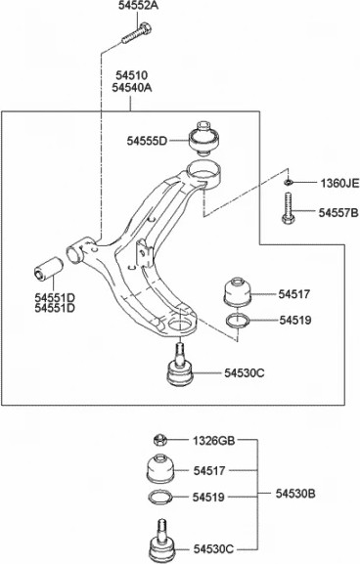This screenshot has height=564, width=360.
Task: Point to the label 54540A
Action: (x=132, y=88)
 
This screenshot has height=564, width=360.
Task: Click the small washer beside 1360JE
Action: (x=289, y=182)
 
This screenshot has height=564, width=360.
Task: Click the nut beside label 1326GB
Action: (x=161, y=441)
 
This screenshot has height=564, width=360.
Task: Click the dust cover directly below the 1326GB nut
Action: (x=160, y=469)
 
